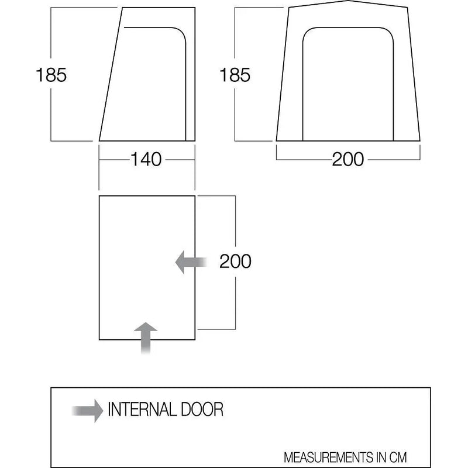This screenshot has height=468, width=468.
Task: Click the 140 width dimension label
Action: [x=146, y=159]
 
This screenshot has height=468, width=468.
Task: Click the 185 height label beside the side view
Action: [x=51, y=75]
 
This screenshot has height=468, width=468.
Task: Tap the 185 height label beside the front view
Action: [x=235, y=75]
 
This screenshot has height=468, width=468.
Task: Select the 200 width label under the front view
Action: [x=348, y=159]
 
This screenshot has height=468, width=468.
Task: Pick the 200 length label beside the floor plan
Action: [x=235, y=261]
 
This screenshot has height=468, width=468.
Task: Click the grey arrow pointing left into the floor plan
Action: [x=191, y=262]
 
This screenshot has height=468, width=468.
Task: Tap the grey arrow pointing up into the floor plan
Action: [x=146, y=338]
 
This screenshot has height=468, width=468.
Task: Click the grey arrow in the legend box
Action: [x=87, y=411]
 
